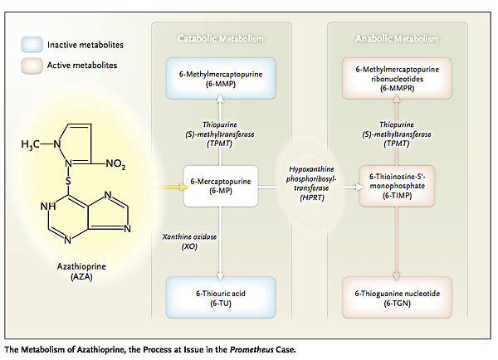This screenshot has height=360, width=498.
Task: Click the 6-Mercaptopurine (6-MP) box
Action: click(x=220, y=183)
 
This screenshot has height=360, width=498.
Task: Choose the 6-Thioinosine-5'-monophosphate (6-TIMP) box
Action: click(x=396, y=183)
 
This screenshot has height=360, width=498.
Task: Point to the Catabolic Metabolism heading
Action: click(x=220, y=39)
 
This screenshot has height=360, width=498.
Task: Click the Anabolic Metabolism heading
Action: click(x=396, y=39)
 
